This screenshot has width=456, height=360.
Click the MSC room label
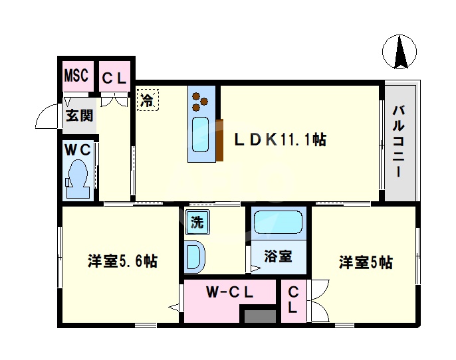click(x=76, y=76)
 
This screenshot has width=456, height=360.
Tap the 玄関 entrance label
click(x=79, y=116)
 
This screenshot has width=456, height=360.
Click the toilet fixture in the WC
click(x=78, y=175)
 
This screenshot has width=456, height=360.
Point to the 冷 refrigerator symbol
click(x=148, y=102)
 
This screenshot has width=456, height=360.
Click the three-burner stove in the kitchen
click(x=201, y=100)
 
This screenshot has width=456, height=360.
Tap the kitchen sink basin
click(x=201, y=134)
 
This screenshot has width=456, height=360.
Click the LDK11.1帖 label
click(x=279, y=139)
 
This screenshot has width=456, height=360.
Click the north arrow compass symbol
click(x=400, y=52)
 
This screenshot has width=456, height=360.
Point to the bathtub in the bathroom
click(x=278, y=223)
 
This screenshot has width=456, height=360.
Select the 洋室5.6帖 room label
click(x=122, y=261)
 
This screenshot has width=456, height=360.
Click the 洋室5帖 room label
click(x=365, y=262)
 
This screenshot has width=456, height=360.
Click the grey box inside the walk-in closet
click(x=259, y=316)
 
